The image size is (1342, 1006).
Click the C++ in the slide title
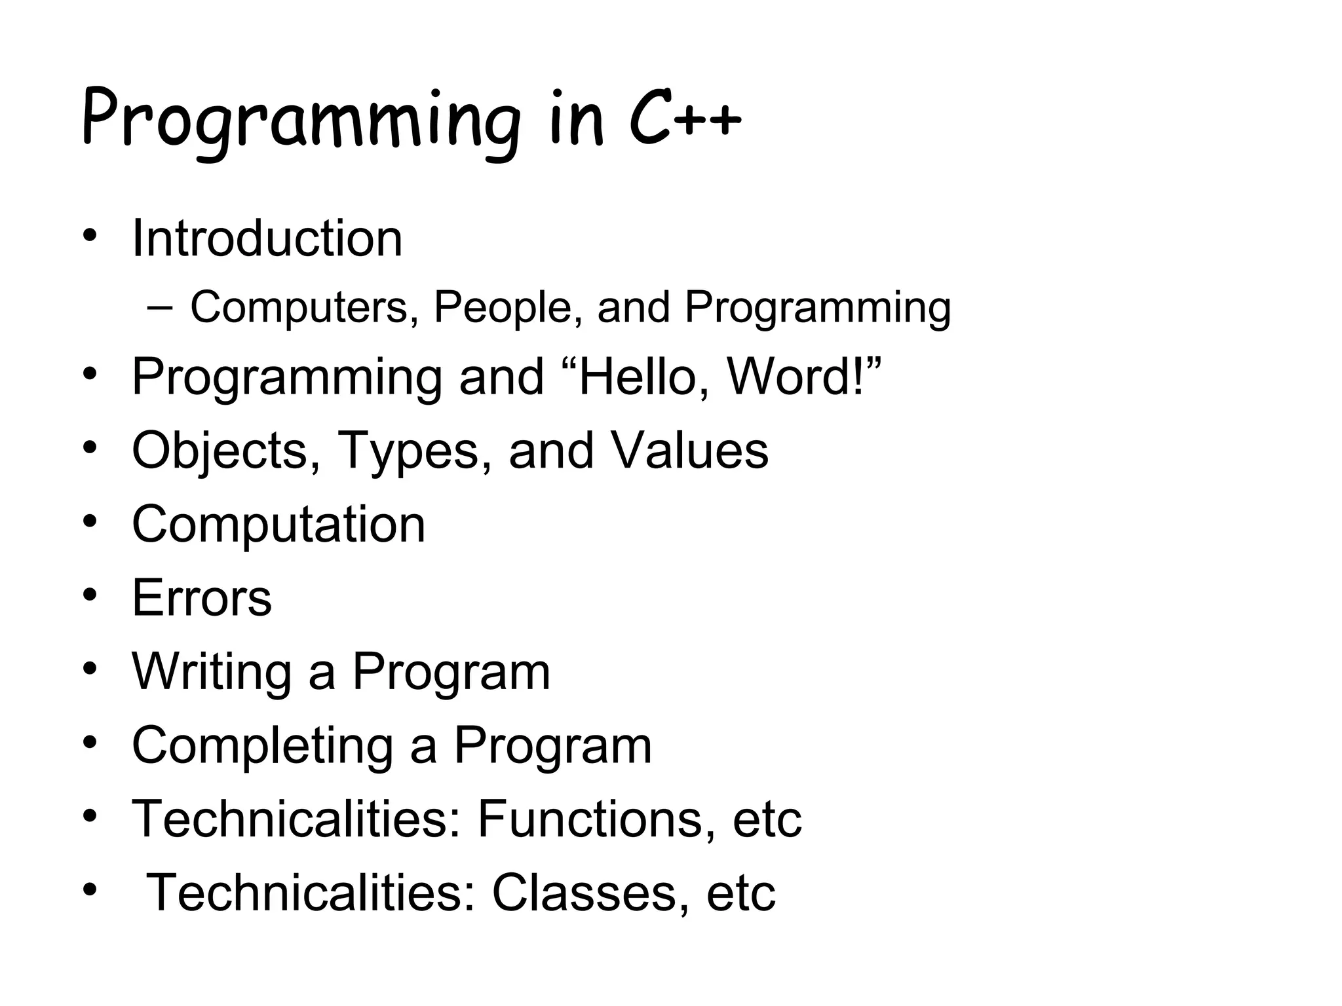(x=685, y=121)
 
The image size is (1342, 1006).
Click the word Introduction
(x=267, y=238)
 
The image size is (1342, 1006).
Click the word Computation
(x=278, y=525)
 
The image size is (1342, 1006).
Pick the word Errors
(x=202, y=598)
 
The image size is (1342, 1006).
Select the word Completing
(x=262, y=745)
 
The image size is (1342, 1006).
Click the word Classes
(x=583, y=893)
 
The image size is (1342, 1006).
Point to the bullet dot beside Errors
(x=90, y=595)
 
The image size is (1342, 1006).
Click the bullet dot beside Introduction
(x=90, y=235)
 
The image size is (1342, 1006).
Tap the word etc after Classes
(x=740, y=893)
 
